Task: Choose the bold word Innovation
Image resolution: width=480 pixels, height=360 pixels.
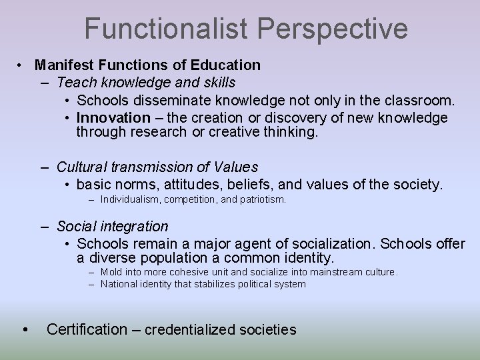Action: (113, 117)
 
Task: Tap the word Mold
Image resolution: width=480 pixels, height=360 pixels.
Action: (111, 272)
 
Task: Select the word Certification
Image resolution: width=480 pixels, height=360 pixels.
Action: (87, 329)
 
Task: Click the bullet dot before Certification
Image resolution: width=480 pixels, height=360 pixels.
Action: (25, 329)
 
